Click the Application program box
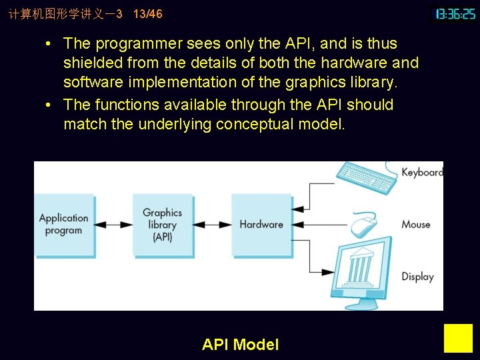pyautogui.click(x=63, y=225)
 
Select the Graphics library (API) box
pyautogui.click(x=162, y=225)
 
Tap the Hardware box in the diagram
pyautogui.click(x=261, y=225)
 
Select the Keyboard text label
pyautogui.click(x=421, y=173)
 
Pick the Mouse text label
pyautogui.click(x=416, y=225)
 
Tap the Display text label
pyautogui.click(x=417, y=277)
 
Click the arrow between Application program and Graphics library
pyautogui.click(x=113, y=225)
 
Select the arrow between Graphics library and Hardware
pyautogui.click(x=212, y=225)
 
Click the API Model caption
pyautogui.click(x=240, y=345)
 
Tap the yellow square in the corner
pyautogui.click(x=458, y=338)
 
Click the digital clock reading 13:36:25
pyautogui.click(x=455, y=14)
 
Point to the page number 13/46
pyautogui.click(x=147, y=14)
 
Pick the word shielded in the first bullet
pyautogui.click(x=90, y=63)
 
